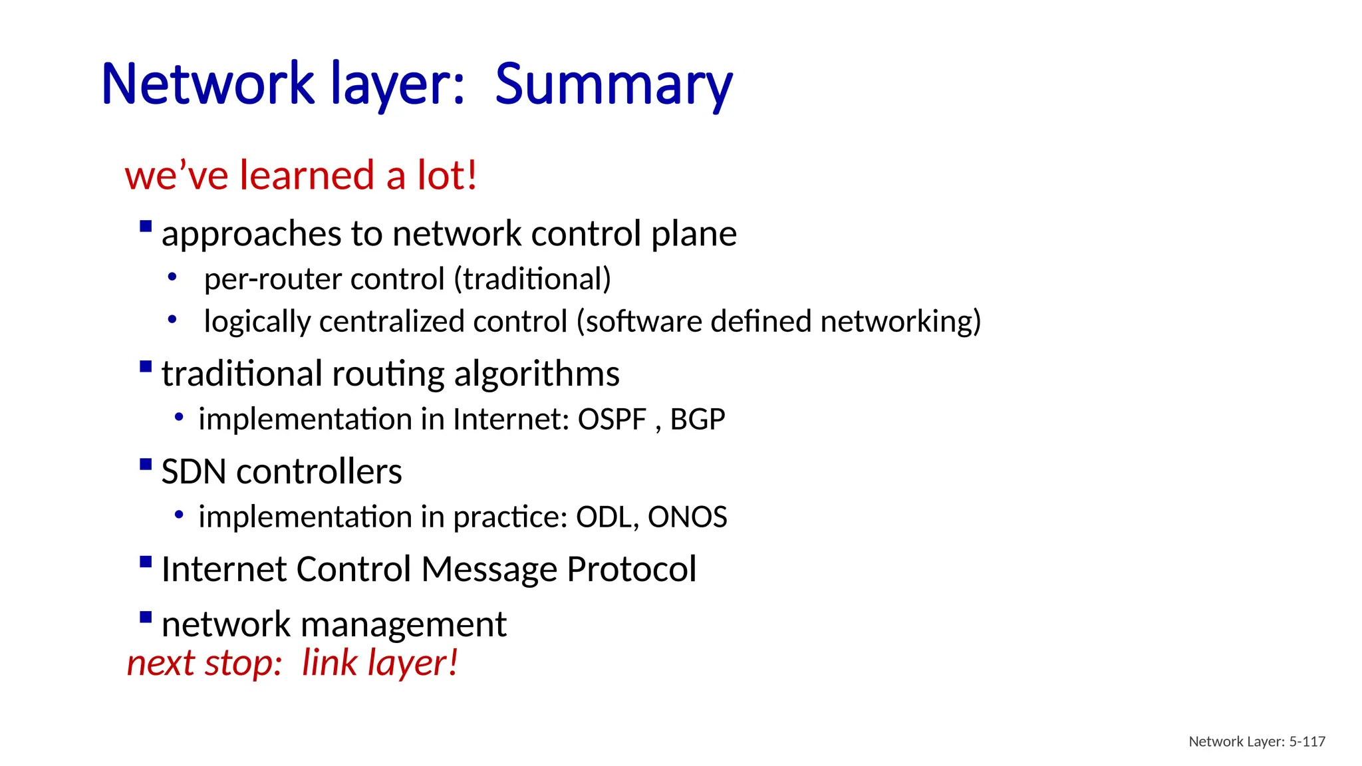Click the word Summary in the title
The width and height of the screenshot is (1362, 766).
click(613, 84)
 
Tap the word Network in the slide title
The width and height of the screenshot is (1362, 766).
click(207, 84)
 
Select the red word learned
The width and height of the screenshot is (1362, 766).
click(307, 176)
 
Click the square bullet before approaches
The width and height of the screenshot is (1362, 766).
click(146, 227)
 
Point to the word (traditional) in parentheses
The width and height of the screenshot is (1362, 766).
click(532, 279)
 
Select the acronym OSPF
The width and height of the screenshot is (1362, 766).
click(612, 420)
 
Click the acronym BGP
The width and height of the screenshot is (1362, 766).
click(697, 420)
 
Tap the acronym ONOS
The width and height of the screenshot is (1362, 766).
click(687, 517)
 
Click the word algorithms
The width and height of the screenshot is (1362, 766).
click(537, 374)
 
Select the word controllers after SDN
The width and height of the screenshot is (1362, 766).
click(319, 472)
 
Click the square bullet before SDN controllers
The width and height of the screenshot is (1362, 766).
click(146, 464)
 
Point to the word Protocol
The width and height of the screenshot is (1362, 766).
click(631, 570)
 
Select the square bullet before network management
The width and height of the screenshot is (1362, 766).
click(146, 617)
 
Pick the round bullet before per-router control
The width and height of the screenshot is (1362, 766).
click(172, 277)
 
